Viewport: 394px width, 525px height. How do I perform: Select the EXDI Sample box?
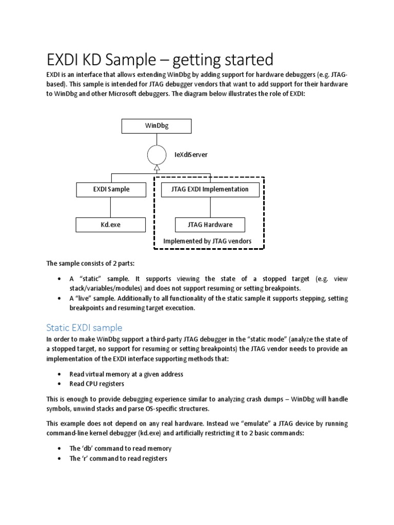[111, 189]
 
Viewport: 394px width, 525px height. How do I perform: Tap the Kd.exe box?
[111, 225]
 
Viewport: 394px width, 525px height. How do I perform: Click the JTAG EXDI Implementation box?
[210, 189]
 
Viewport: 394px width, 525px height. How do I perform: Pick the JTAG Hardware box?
[210, 225]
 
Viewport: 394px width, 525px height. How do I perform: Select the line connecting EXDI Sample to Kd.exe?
[111, 207]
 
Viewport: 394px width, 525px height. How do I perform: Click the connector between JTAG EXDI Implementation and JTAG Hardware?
[210, 207]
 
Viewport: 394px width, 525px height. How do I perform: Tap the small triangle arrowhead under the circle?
[156, 167]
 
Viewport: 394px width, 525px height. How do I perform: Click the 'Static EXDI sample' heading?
[84, 327]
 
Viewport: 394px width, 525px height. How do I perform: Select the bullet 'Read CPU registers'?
[97, 383]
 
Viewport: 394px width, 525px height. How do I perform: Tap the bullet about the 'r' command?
[118, 458]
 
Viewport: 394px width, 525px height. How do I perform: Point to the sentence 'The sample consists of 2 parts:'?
[90, 264]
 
